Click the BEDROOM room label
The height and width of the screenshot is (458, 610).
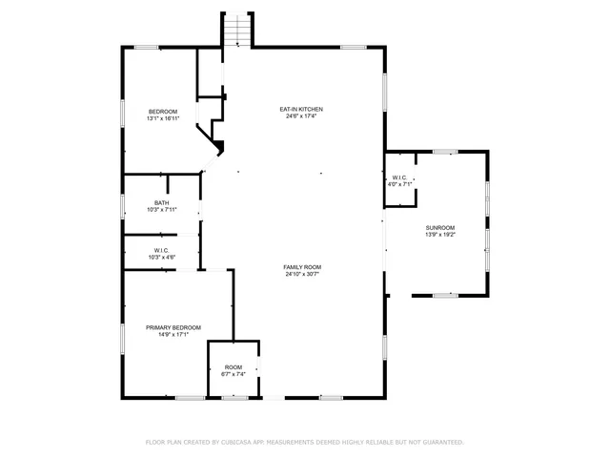[x=162, y=112]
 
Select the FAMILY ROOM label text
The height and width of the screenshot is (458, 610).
[x=302, y=266]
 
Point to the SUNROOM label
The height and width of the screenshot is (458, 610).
[x=440, y=227]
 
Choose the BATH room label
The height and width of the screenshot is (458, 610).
[x=162, y=202]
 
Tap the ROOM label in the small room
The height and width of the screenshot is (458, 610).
[x=234, y=366]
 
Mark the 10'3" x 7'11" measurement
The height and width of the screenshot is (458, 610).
[x=162, y=209]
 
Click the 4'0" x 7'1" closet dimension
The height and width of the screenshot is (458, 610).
[x=399, y=184]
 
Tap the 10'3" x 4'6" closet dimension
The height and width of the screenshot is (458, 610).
[x=162, y=257]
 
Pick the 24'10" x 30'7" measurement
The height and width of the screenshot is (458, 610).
[x=302, y=274]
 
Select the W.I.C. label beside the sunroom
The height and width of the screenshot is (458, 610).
[x=399, y=177]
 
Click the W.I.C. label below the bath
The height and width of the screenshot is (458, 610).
[x=162, y=250]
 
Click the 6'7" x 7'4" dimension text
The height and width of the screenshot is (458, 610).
[x=234, y=373]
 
